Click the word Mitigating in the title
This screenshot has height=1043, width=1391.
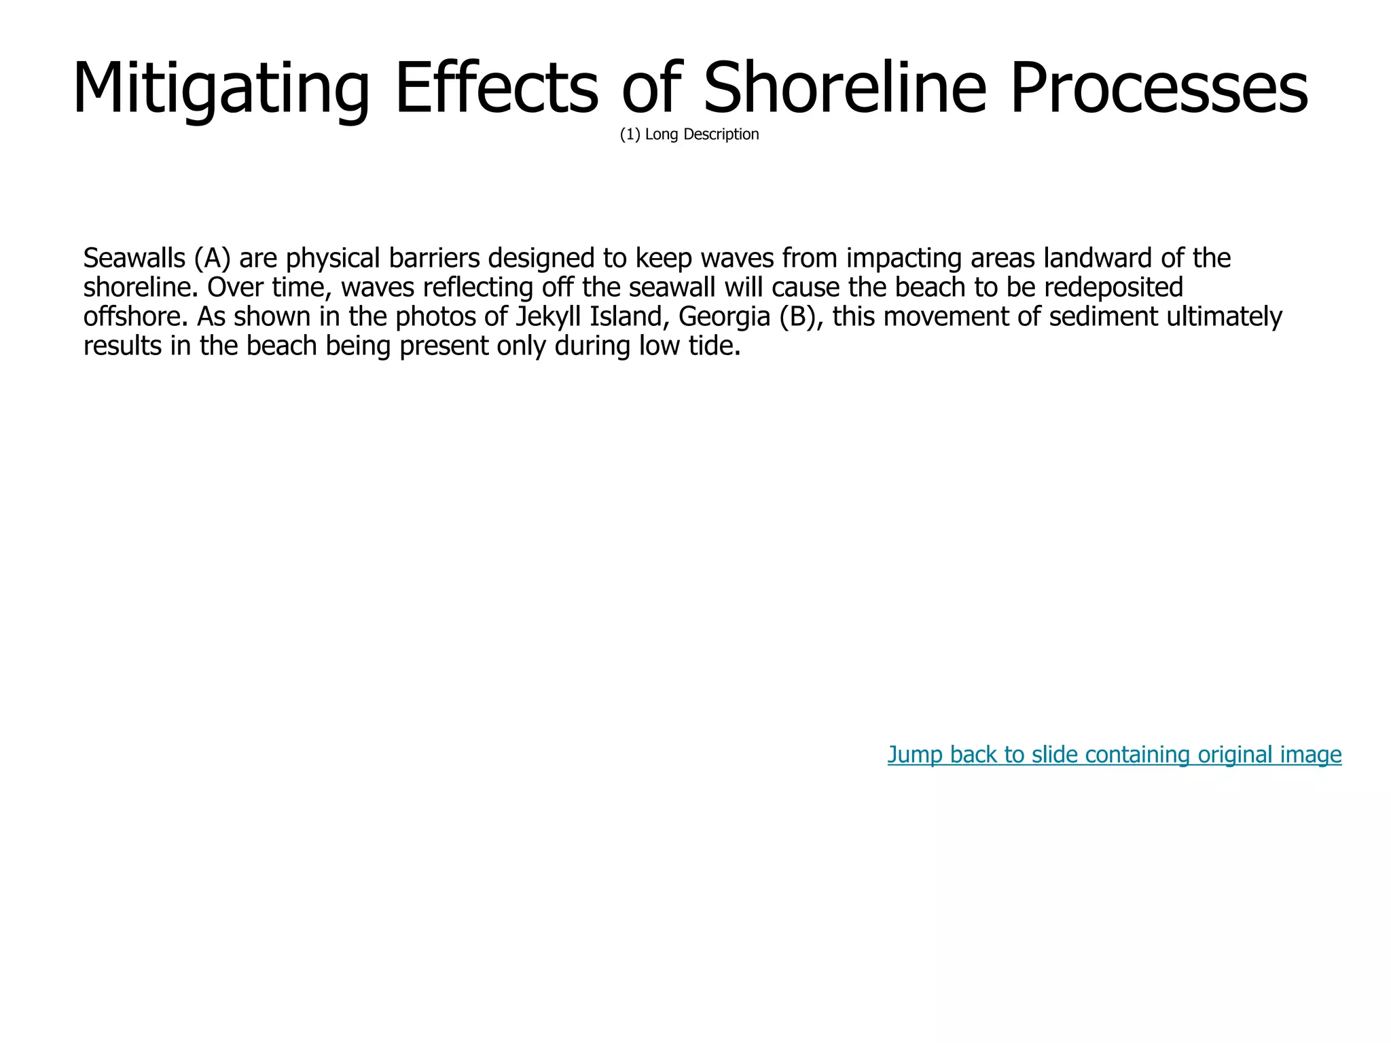[221, 88]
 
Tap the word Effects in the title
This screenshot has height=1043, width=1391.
[496, 88]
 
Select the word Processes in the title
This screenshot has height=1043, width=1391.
[1159, 88]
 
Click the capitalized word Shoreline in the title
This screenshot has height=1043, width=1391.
[844, 88]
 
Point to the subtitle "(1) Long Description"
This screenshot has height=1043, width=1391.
[689, 134]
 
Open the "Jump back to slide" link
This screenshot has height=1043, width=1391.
[1114, 754]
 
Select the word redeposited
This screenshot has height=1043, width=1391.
[1113, 288]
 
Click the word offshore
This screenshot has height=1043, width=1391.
[134, 317]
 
